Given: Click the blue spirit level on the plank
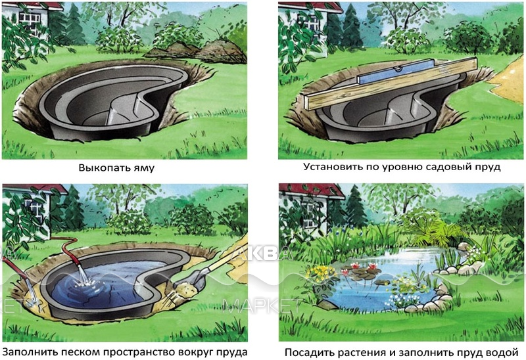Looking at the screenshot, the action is pos(395,72).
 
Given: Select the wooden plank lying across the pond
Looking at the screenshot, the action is pos(391,84).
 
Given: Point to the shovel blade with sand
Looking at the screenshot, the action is pos(189,283).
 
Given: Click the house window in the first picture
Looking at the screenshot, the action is pos(30,22).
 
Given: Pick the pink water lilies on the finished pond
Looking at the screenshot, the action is pos(360,268).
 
